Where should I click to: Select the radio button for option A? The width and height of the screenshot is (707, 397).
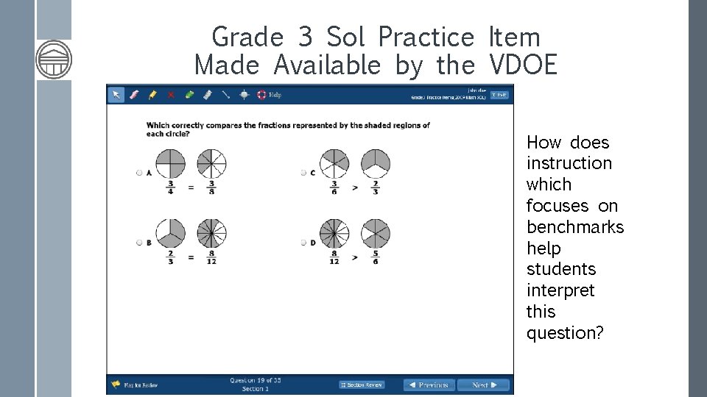(x=139, y=173)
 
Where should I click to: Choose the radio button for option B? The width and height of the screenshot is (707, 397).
(x=139, y=243)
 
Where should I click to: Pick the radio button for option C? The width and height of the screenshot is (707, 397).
(x=303, y=173)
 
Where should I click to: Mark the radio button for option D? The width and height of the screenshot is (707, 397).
(x=303, y=243)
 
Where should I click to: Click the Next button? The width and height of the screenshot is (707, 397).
(x=483, y=385)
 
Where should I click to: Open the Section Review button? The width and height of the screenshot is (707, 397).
(x=362, y=385)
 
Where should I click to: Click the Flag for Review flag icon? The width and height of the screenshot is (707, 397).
(x=116, y=385)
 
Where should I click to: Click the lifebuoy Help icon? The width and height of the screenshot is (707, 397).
(x=261, y=95)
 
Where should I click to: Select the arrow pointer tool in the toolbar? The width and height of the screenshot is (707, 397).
(x=116, y=95)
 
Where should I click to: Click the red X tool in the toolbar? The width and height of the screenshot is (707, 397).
(x=171, y=95)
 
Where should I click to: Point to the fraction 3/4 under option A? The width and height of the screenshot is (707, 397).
(x=170, y=188)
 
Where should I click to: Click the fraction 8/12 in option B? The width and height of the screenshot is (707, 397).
(x=211, y=258)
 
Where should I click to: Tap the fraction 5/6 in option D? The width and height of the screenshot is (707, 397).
(x=376, y=258)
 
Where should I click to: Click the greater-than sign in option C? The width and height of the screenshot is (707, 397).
(x=355, y=188)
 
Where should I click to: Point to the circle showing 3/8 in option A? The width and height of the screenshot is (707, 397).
(x=211, y=163)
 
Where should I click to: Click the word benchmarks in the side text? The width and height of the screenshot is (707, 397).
(x=575, y=227)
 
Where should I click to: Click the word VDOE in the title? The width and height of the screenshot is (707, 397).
(x=523, y=65)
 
